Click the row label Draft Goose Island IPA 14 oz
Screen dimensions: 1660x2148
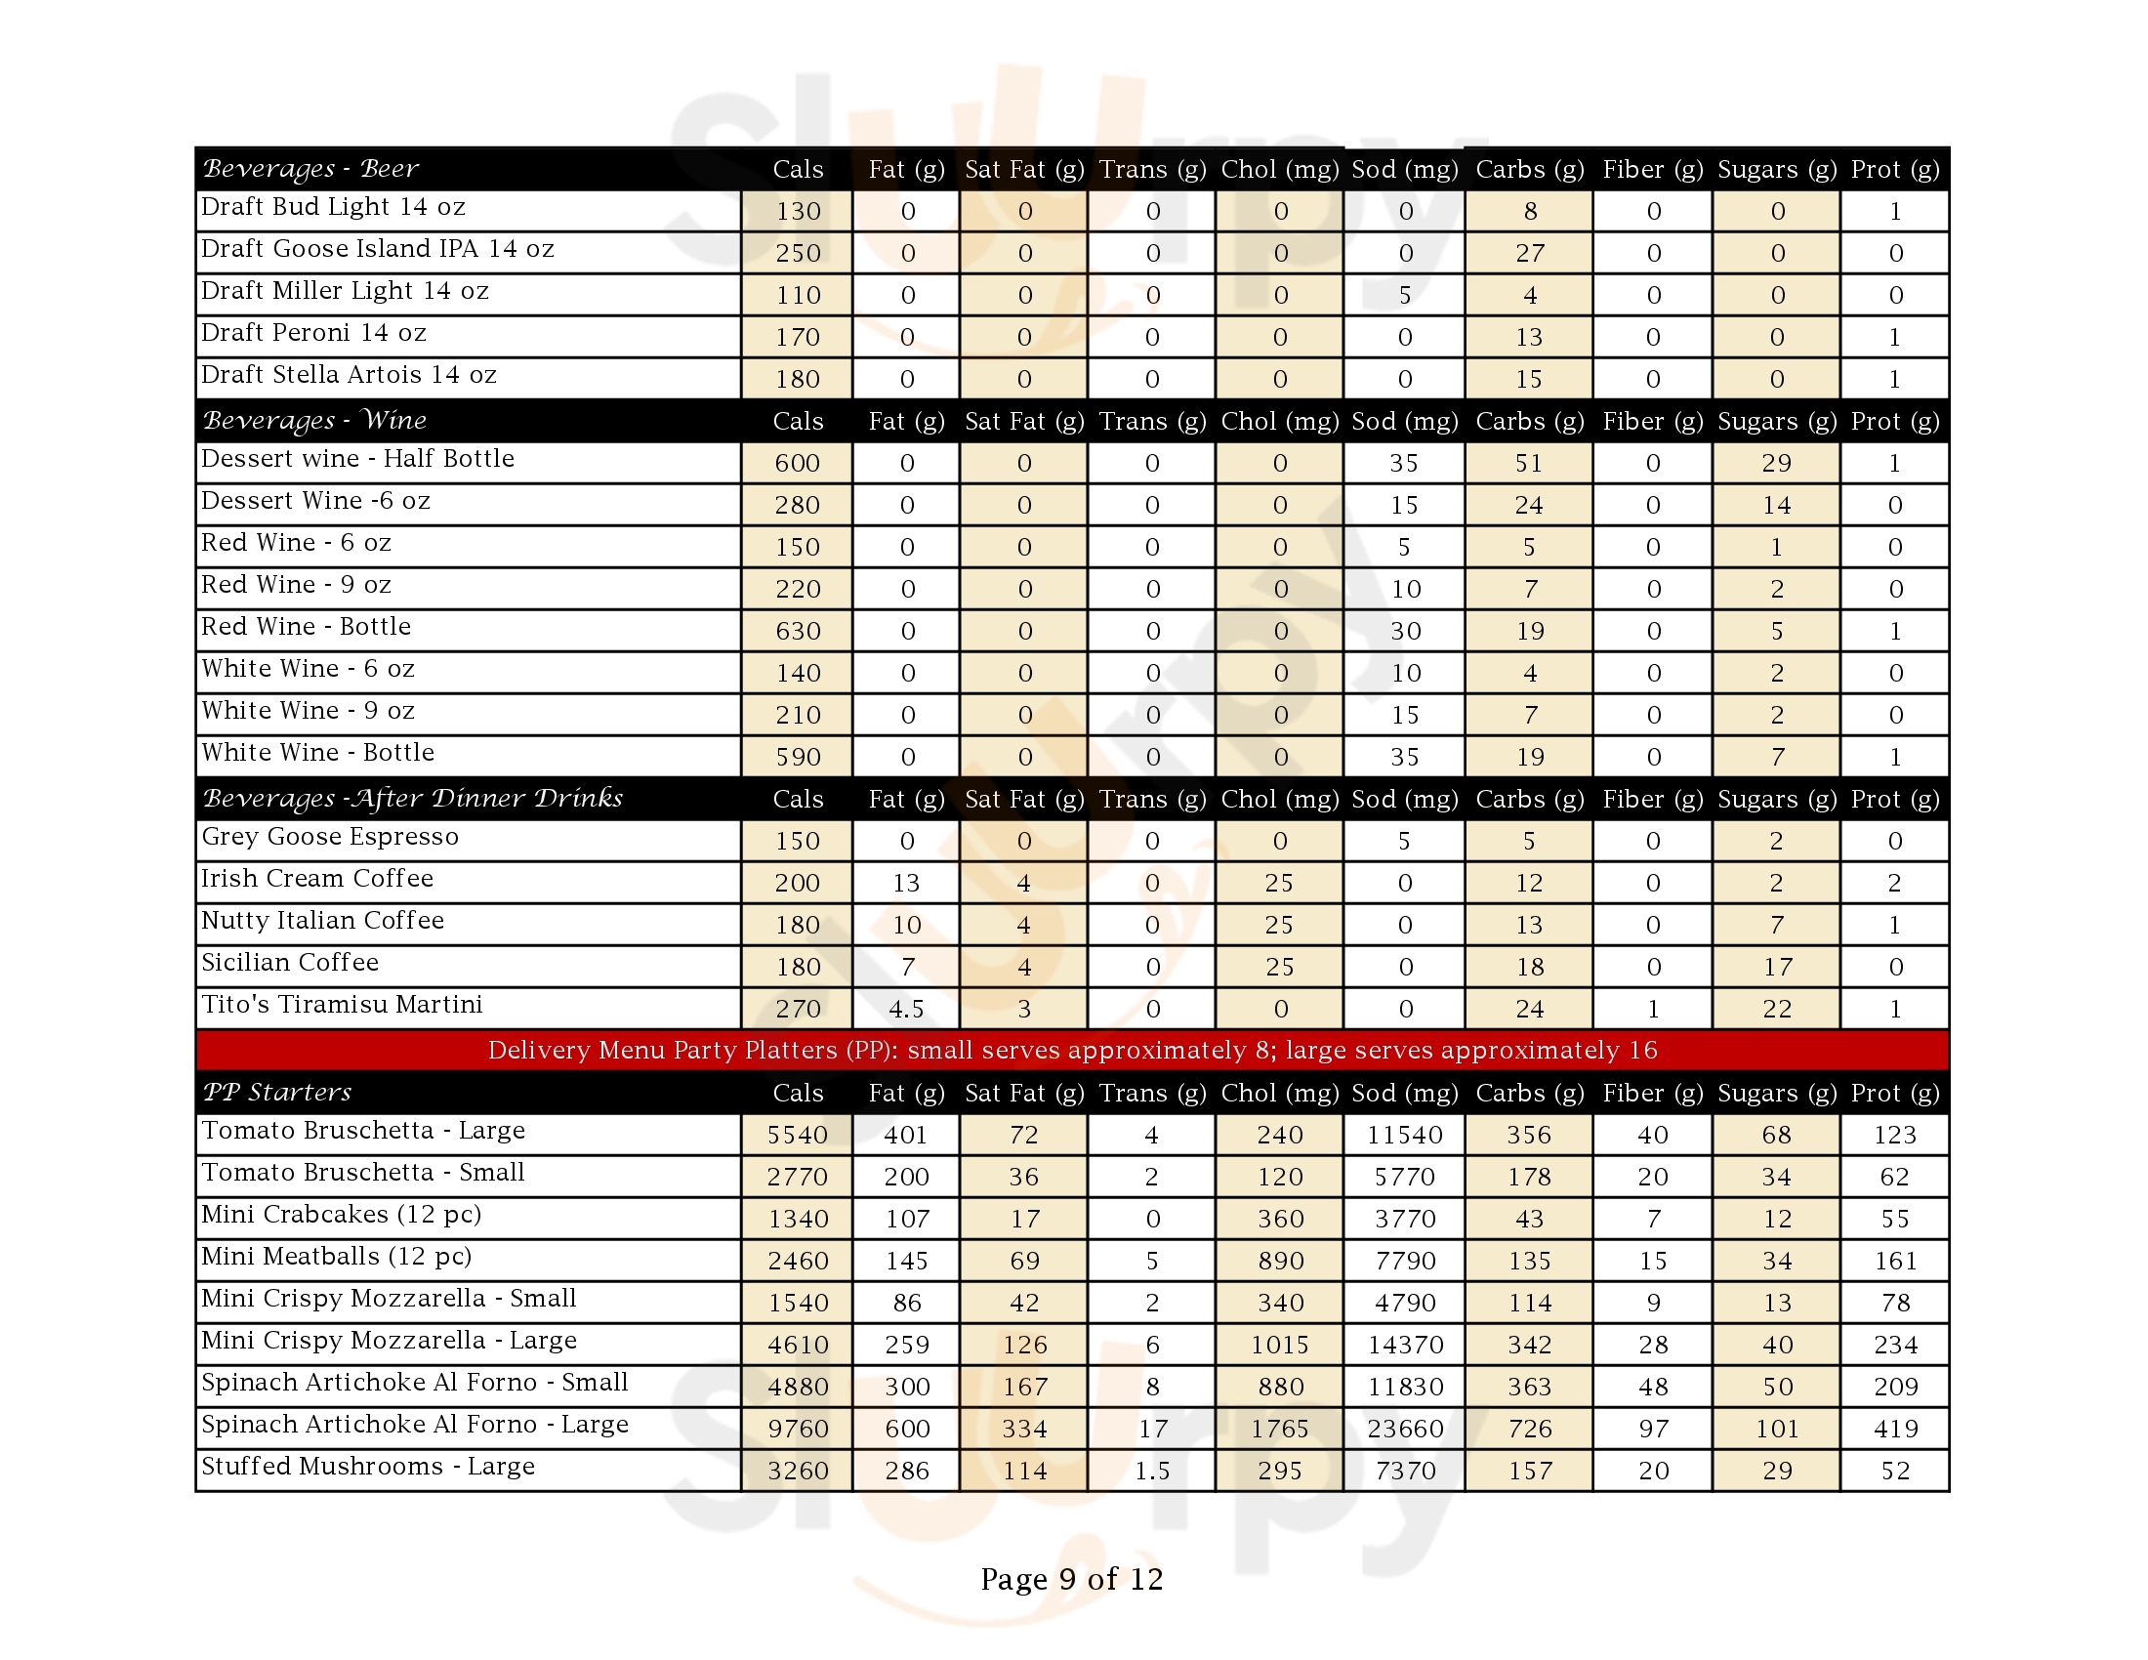(x=378, y=249)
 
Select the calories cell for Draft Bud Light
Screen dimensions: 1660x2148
(x=798, y=212)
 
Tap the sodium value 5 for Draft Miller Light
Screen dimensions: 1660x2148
(x=1404, y=295)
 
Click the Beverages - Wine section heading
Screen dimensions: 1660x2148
(x=314, y=421)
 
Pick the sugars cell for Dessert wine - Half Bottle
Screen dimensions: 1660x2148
(x=1776, y=463)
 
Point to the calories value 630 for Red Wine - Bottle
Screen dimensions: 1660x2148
(x=798, y=632)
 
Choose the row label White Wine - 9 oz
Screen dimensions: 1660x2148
(x=308, y=711)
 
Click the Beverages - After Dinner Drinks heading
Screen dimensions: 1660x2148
(x=413, y=799)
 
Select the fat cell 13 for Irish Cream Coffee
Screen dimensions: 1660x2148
(x=906, y=883)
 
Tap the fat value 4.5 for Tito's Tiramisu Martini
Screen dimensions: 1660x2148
(x=906, y=1009)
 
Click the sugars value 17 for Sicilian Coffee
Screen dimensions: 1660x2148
(x=1776, y=967)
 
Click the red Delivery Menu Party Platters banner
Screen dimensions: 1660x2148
(x=1072, y=1051)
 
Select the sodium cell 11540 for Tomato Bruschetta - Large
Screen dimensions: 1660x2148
(x=1404, y=1135)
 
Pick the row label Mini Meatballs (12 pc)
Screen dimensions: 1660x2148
(x=337, y=1257)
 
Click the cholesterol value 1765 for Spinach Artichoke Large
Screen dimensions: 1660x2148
(x=1280, y=1429)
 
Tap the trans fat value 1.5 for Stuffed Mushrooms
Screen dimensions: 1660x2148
(x=1152, y=1472)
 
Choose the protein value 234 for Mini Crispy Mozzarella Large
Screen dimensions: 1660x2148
(x=1894, y=1345)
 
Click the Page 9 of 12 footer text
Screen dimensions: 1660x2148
(x=1072, y=1579)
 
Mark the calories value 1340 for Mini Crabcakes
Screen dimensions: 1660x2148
(x=798, y=1220)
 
